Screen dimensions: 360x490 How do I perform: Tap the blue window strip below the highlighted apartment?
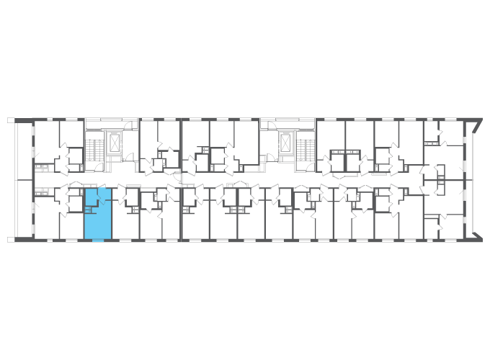click(98, 240)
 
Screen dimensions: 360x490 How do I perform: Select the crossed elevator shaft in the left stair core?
click(115, 144)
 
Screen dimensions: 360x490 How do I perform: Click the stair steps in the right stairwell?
click(305, 150)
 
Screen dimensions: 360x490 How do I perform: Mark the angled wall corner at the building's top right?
click(476, 122)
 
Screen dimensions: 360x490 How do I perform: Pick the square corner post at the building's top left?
click(11, 120)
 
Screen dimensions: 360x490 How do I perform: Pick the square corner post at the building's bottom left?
click(11, 239)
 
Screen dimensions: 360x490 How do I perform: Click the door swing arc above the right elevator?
click(272, 126)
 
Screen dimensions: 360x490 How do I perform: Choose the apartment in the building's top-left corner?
click(48, 140)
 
